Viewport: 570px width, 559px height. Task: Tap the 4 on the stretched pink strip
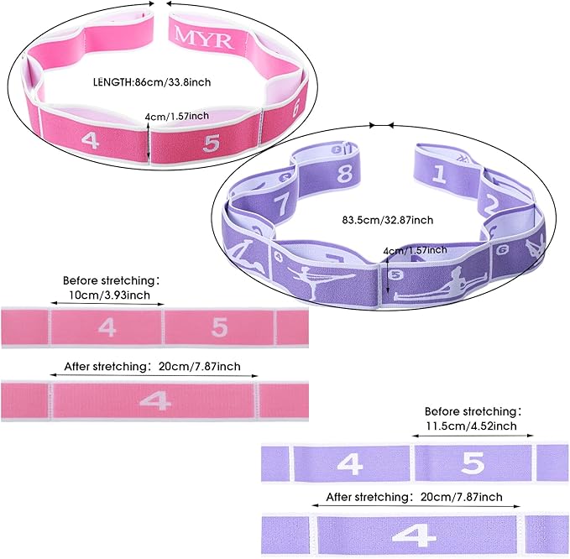(x=154, y=401)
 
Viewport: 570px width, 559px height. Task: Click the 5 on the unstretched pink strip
(x=219, y=327)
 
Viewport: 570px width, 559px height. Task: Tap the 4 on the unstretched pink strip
(x=107, y=327)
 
